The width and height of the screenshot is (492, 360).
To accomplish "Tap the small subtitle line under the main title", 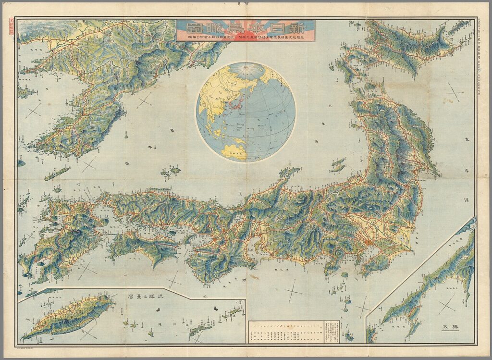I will pyautogui.click(x=245, y=38).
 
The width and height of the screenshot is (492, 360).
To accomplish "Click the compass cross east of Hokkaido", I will pyautogui.click(x=454, y=91).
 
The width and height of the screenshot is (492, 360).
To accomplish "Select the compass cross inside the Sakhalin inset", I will pyautogui.click(x=447, y=303).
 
